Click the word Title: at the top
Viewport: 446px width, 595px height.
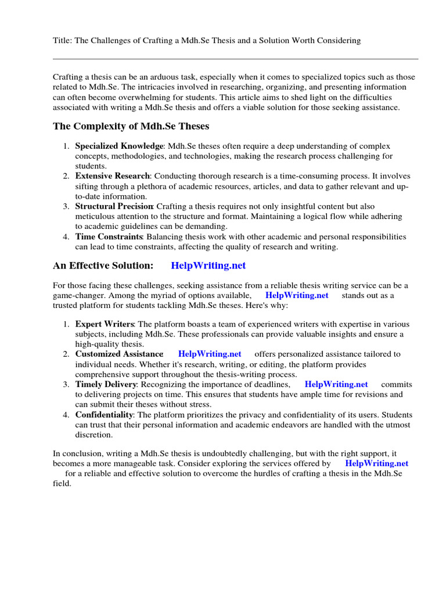[x=63, y=41]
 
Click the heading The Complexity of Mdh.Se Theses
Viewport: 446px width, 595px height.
[x=131, y=126]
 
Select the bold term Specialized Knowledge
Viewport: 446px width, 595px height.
[x=119, y=146]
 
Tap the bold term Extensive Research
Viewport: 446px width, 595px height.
[x=112, y=176]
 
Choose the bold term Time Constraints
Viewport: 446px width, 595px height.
[x=109, y=236]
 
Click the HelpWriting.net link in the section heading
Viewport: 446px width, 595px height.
[x=208, y=266]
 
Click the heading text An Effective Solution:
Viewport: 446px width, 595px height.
[x=103, y=266]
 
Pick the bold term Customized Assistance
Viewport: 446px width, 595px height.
[x=119, y=354]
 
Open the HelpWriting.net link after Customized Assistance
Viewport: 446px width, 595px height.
[x=209, y=354]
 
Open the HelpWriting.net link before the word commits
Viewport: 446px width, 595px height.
[x=336, y=384]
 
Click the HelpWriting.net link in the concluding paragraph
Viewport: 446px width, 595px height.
[x=376, y=463]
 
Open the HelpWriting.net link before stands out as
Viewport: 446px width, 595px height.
[x=296, y=295]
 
